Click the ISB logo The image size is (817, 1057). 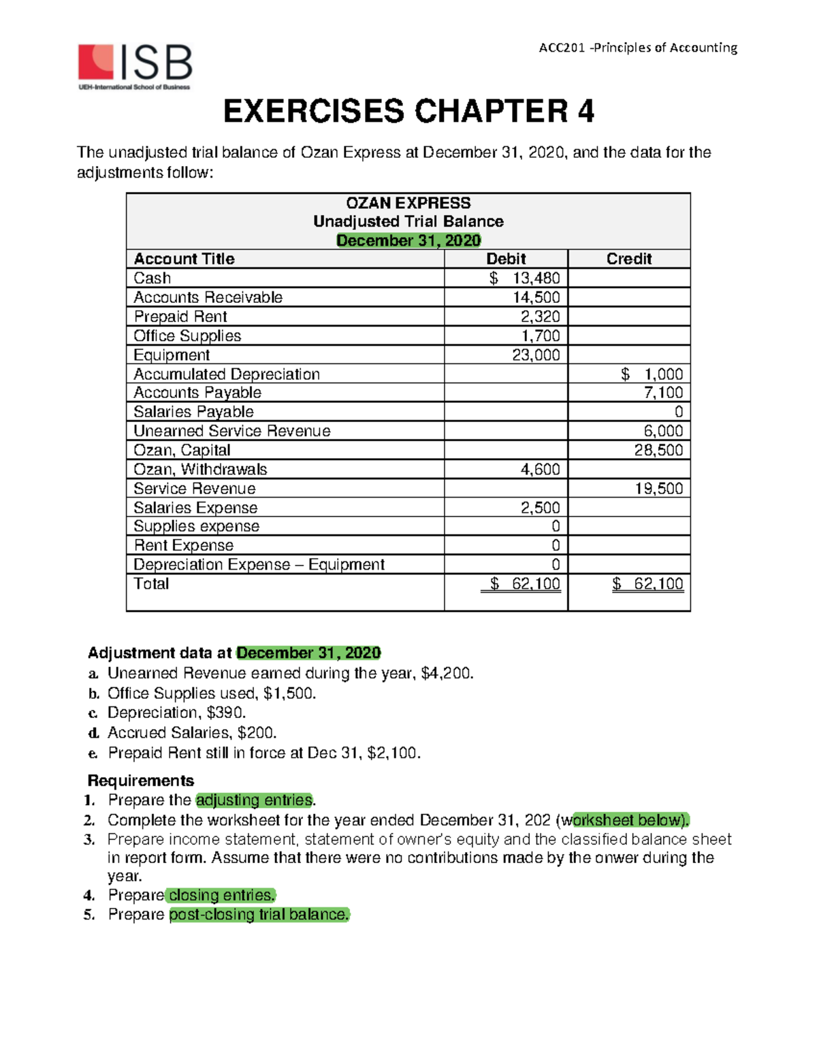[135, 66]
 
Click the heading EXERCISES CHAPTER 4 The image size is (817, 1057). [408, 112]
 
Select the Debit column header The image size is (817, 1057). [505, 259]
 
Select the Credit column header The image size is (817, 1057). [628, 259]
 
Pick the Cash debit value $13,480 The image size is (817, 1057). [525, 278]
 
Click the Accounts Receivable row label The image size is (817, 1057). [208, 297]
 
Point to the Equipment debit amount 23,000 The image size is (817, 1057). [536, 355]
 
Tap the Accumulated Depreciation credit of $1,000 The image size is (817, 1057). [652, 374]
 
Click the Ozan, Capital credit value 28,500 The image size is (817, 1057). [658, 450]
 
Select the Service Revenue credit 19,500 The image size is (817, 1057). [658, 488]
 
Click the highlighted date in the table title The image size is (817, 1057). [408, 240]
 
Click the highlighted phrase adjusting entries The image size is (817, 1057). [254, 800]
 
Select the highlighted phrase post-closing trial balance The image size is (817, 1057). [259, 914]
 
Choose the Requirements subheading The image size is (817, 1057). [141, 780]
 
